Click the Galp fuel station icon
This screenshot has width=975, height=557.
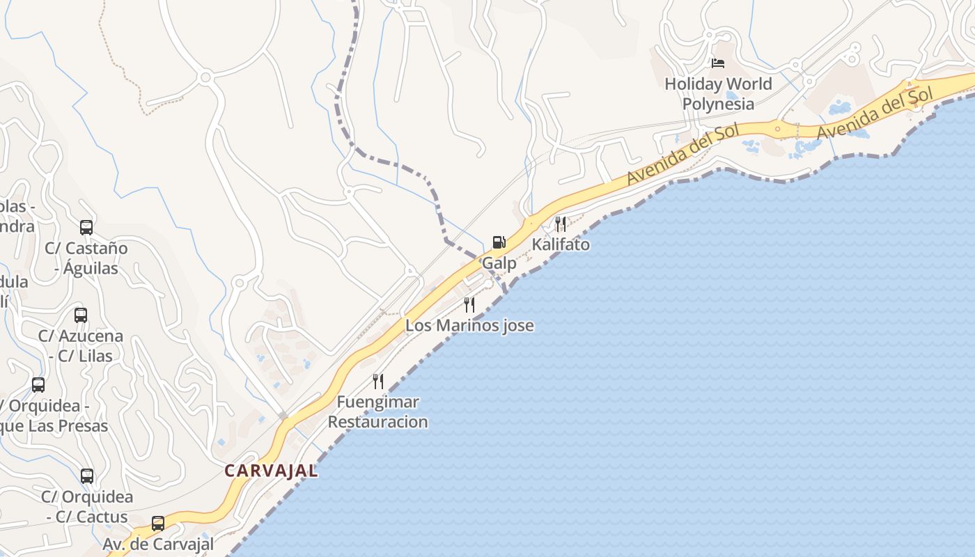[x=499, y=242]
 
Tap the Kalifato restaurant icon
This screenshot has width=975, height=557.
[x=560, y=223]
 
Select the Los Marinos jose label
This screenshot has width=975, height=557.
[x=469, y=325]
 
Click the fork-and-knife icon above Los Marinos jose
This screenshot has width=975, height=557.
[x=469, y=304]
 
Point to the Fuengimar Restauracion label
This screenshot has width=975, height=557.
[x=377, y=411]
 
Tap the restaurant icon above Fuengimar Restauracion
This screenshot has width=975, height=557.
[x=377, y=381]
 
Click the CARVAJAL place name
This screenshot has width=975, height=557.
[x=271, y=471]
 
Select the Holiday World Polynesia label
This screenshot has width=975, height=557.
[x=718, y=93]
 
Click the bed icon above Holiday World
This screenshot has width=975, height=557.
[x=718, y=63]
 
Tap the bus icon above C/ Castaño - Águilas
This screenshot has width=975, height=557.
[x=86, y=228]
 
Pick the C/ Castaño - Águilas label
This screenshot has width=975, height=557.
[x=86, y=258]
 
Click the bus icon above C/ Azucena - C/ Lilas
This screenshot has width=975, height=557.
[x=81, y=315]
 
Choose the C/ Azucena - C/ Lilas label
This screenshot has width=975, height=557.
[x=81, y=345]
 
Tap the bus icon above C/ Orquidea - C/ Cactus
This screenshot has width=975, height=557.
[x=87, y=476]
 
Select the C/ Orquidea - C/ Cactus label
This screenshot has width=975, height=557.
[x=87, y=507]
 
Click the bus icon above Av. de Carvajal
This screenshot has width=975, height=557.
[x=158, y=523]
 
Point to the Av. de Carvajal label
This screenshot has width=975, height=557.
[x=158, y=544]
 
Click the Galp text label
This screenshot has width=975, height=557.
[x=499, y=263]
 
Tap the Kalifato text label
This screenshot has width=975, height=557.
[x=561, y=244]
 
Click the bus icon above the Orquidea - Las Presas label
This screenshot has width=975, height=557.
[x=38, y=385]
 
